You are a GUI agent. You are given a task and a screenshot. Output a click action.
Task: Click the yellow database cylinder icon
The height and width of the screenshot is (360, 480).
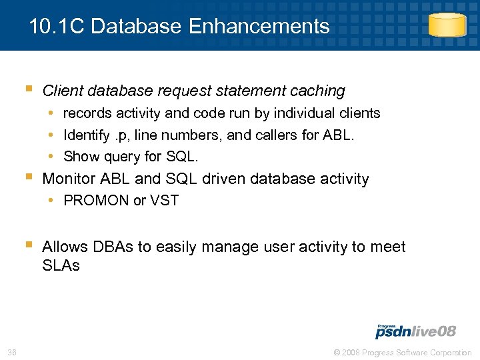click(x=447, y=25)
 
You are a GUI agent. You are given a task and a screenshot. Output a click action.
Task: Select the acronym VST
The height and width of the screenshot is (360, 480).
click(x=165, y=201)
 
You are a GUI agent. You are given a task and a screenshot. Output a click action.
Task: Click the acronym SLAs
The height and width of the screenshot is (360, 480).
click(x=61, y=265)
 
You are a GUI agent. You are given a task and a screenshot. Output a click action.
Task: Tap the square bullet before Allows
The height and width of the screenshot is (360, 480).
click(x=28, y=246)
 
